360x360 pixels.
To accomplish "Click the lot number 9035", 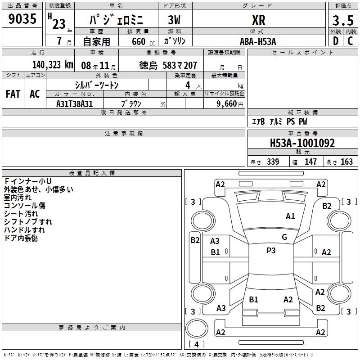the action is pyautogui.click(x=22, y=18).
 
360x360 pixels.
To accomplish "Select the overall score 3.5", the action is pyautogui.click(x=343, y=20).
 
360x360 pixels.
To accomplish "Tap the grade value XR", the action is pyautogui.click(x=258, y=20).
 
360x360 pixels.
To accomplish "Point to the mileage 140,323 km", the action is pyautogui.click(x=53, y=65).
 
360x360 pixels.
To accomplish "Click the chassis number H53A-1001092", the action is pyautogui.click(x=302, y=143).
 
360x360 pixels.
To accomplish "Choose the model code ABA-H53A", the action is pyautogui.click(x=257, y=41).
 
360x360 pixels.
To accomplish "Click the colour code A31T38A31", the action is pyautogui.click(x=74, y=104).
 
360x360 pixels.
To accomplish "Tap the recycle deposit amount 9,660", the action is pyautogui.click(x=226, y=103).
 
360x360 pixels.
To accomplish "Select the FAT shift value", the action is pyautogui.click(x=13, y=94).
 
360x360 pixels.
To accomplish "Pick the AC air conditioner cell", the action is pyautogui.click(x=35, y=94).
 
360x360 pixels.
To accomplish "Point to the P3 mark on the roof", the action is pyautogui.click(x=271, y=251).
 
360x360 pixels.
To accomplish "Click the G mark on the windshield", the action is pyautogui.click(x=284, y=237).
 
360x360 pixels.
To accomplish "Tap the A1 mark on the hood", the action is pyautogui.click(x=290, y=216).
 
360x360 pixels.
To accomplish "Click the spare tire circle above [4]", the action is pyautogui.click(x=197, y=328).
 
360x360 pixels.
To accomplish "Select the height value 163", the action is pyautogui.click(x=346, y=162).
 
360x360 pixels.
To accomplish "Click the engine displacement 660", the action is pyautogui.click(x=139, y=41).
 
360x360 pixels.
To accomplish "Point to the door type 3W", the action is pyautogui.click(x=174, y=20).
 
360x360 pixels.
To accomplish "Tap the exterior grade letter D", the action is pyautogui.click(x=336, y=41).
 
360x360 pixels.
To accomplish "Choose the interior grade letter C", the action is pyautogui.click(x=350, y=41).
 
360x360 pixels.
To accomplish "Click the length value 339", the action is pyautogui.click(x=273, y=162).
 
